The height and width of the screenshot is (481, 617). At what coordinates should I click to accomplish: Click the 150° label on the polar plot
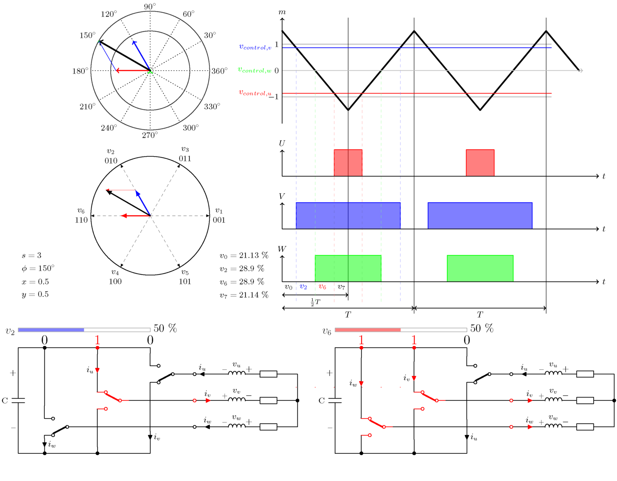87,35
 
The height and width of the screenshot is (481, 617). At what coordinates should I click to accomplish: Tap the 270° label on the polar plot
150,135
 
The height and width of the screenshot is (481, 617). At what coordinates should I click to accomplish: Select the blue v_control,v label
255,47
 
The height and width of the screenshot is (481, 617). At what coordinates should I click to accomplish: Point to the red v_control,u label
255,93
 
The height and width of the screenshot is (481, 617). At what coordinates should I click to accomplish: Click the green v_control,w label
255,70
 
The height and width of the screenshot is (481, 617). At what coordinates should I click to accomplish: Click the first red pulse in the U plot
348,163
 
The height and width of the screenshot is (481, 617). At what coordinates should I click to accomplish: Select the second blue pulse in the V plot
480,216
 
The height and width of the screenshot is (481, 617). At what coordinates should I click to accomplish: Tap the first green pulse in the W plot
348,268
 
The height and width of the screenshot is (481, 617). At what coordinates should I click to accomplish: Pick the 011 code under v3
185,158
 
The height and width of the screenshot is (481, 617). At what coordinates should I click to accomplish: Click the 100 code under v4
115,281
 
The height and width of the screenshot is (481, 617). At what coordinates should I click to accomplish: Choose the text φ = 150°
38,268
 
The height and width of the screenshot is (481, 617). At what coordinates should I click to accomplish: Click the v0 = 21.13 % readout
244,256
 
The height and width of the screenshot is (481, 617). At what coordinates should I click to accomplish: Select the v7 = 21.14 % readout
244,295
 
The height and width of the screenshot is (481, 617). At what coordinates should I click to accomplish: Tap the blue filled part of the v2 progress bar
51,330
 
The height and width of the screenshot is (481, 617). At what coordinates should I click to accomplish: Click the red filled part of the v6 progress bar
368,330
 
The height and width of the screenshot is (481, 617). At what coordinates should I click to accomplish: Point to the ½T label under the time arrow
315,302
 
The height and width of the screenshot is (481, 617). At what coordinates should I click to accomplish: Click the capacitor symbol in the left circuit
18,400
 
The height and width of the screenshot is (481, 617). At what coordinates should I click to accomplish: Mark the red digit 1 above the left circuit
97,340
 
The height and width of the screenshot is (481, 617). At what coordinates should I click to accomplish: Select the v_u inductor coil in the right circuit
553,373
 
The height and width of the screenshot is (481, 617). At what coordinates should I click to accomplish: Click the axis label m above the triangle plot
282,12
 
